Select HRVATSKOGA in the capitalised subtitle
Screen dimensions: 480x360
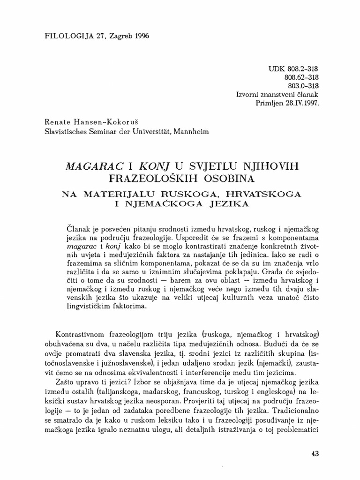[253, 193]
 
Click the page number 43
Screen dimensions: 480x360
[315, 454]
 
